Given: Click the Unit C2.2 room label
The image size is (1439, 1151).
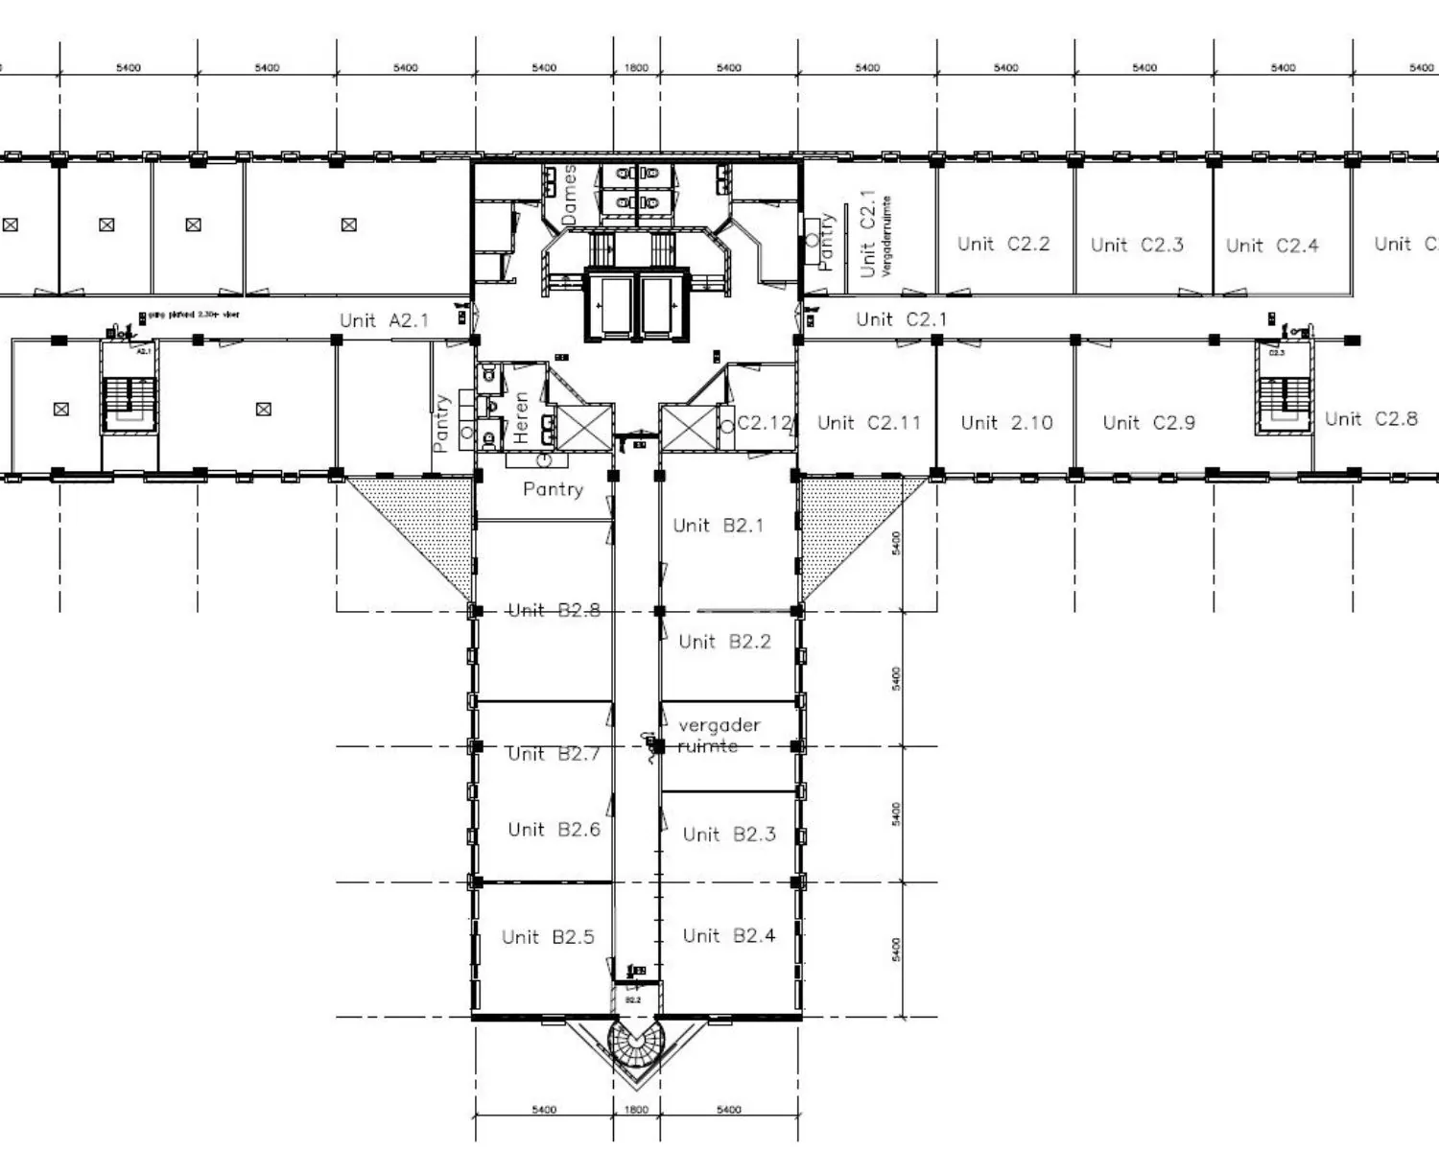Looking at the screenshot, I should [1003, 244].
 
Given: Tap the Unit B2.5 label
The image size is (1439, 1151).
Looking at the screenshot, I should [548, 937].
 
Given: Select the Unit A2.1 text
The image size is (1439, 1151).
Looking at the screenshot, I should [384, 320].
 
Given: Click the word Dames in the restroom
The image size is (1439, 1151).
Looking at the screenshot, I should [570, 195].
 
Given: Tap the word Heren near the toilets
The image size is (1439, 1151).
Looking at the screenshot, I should [521, 417].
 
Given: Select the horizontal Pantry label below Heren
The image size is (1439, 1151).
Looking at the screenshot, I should [553, 489].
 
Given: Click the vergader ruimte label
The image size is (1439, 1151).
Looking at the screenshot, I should [718, 735].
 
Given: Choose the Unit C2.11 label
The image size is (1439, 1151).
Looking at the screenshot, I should [868, 423].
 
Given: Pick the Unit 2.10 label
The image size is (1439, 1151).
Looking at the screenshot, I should [1006, 423].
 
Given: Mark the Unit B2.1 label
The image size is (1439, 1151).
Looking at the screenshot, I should [718, 526].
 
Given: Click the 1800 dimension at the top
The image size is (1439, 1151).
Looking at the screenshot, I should [636, 68].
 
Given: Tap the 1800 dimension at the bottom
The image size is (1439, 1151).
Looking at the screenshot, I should [636, 1110].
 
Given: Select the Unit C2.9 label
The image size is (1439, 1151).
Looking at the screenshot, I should [1148, 423].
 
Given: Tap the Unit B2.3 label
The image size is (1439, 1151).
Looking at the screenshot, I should [729, 834].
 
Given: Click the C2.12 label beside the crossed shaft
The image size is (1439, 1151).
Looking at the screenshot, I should [764, 423].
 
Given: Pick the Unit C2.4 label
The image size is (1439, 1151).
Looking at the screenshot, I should [1272, 246].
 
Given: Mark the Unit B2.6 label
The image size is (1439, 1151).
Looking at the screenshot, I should [554, 830].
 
